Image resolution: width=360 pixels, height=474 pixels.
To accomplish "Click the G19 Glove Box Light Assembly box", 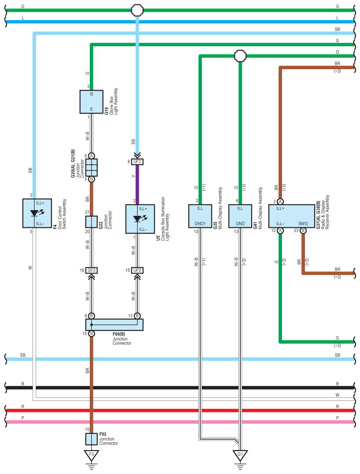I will pos(91,102).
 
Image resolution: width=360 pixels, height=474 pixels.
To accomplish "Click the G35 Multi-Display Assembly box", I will pos(200,216).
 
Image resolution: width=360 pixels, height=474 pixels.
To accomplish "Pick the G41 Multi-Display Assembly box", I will pos(240,216).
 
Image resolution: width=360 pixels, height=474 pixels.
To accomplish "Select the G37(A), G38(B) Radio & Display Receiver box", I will pos(292,216).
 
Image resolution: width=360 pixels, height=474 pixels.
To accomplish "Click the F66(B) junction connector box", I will pos(115,325).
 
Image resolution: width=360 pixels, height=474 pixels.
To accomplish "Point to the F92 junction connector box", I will pos(91,439).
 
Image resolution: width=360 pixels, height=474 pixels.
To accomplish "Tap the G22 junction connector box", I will pos(91,222).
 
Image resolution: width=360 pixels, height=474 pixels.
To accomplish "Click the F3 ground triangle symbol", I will pos(91,454).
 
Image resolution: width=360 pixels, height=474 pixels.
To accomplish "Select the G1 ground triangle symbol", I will pos(240,454).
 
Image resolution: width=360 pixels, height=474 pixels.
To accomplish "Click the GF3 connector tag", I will pos(92,270).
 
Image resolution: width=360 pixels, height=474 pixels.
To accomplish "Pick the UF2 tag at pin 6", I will pos(137,162).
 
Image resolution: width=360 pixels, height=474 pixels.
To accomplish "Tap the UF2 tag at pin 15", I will pos(137,270).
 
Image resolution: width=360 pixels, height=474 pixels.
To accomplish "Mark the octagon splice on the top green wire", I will pos(138,9).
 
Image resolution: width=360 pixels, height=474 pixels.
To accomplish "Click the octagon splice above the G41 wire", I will pos(240,56).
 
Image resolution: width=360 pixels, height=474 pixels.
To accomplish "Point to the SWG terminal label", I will pos(303,223).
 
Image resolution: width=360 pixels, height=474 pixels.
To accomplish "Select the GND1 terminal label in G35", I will pos(200,223).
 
